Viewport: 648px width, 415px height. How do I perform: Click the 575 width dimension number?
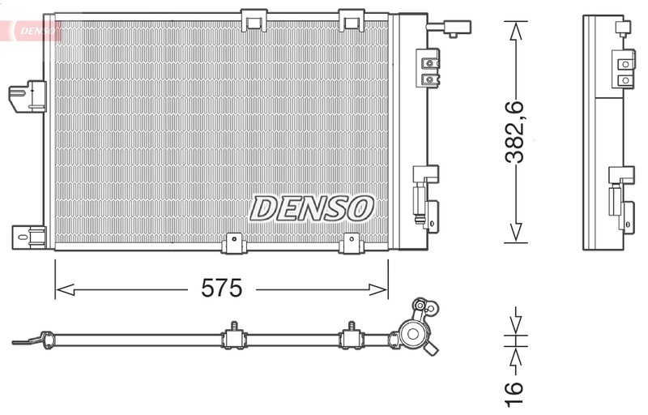[x=222, y=289]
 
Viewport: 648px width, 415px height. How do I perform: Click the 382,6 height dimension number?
[x=516, y=130]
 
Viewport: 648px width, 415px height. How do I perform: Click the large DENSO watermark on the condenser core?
[x=311, y=208]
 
